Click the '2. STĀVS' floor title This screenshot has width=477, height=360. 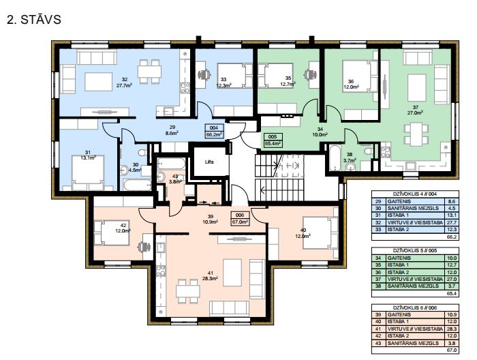tap(34, 20)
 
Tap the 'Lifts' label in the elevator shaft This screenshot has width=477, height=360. tap(209, 162)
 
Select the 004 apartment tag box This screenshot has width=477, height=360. tap(215, 131)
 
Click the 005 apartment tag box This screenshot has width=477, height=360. tap(273, 140)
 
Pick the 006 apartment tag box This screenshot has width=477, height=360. tap(240, 218)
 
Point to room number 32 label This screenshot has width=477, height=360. tap(125, 80)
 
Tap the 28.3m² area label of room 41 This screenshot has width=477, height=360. tap(210, 278)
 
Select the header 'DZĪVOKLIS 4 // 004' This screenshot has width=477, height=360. tap(415, 194)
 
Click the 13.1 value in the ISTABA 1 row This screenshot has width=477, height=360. tap(452, 215)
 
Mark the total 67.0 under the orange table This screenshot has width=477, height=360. tap(452, 350)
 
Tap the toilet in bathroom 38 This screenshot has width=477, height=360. tap(367, 150)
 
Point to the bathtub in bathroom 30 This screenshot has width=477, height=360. tap(137, 185)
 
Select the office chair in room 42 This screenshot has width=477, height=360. tap(144, 247)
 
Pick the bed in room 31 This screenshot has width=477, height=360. tap(88, 172)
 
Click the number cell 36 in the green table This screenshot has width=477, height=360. tap(378, 272)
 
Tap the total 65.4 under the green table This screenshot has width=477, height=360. tap(452, 294)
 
